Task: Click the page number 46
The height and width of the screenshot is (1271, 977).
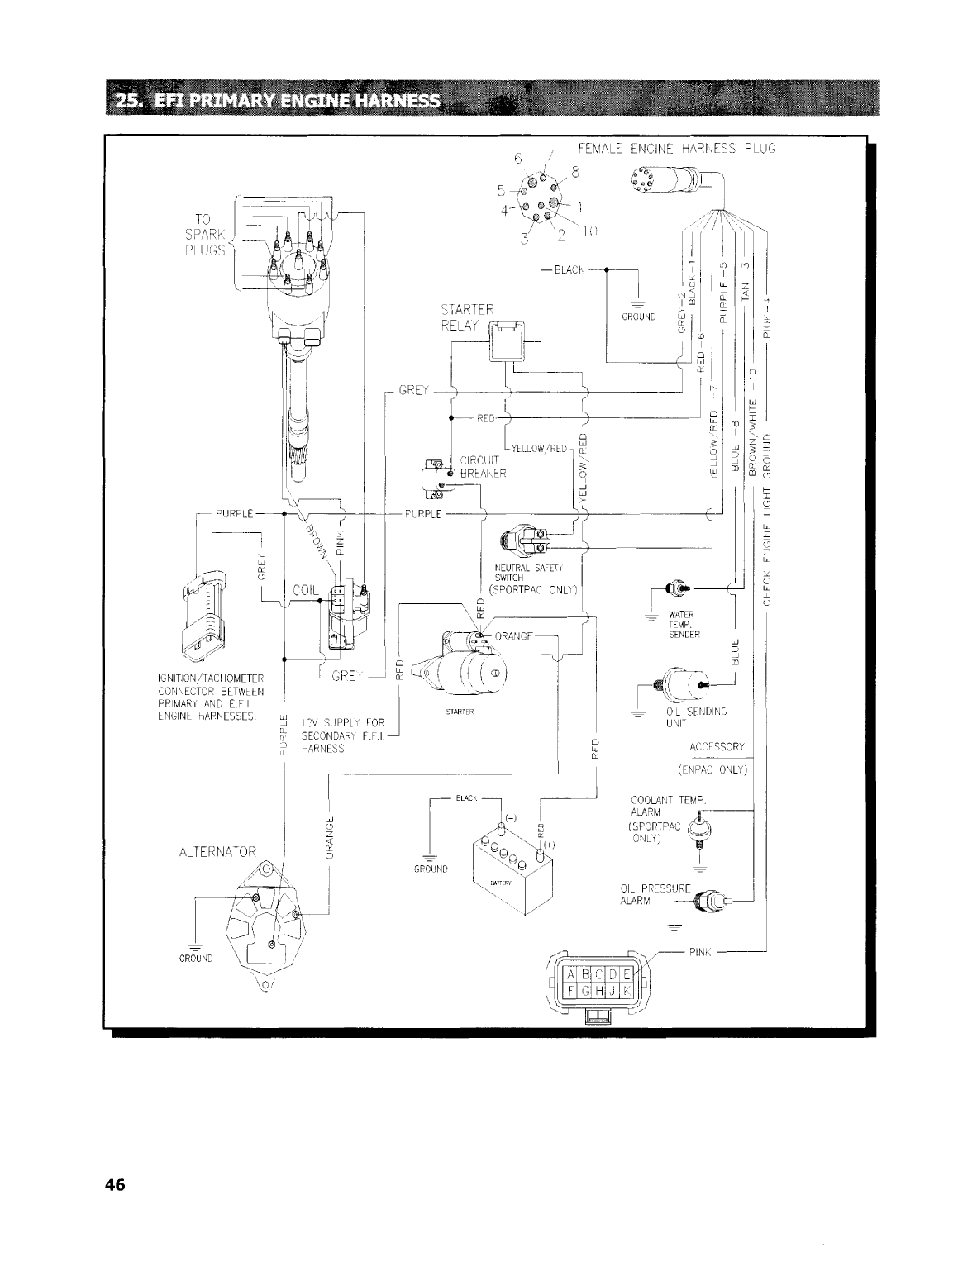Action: (x=113, y=1185)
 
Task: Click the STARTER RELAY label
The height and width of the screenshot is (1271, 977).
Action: (x=467, y=317)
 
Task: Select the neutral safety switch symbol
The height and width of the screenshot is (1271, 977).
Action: (x=524, y=540)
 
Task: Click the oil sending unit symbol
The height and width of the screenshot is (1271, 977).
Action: (x=682, y=685)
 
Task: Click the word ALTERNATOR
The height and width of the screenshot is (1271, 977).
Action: (x=217, y=850)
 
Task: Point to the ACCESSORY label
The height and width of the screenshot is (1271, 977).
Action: (x=717, y=746)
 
